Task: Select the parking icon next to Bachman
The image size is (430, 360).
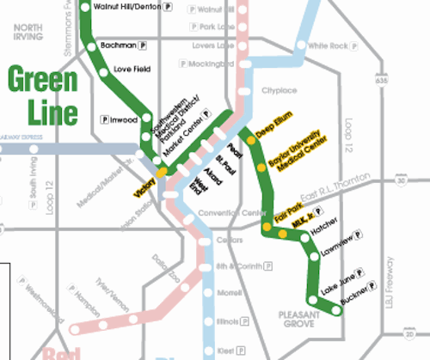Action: (143, 42)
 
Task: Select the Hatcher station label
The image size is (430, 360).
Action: (324, 229)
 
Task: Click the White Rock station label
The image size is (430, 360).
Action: (327, 46)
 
